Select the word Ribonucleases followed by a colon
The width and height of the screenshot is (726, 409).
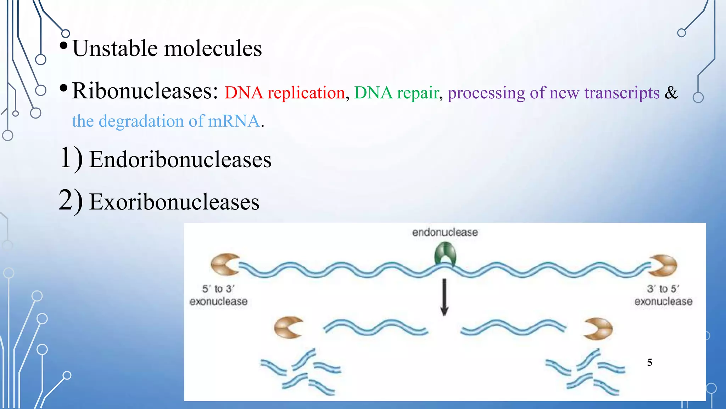(145, 91)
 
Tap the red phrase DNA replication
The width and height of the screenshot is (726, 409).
(285, 93)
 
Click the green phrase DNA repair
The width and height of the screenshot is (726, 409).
(396, 93)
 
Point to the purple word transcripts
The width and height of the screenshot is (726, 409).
(622, 93)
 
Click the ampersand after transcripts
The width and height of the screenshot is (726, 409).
(671, 92)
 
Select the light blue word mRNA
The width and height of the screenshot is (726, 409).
(234, 121)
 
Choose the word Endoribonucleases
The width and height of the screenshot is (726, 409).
(180, 159)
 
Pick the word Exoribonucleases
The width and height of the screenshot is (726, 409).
(174, 202)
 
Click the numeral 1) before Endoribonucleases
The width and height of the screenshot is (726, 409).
(71, 158)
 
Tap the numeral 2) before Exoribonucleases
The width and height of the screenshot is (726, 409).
(71, 201)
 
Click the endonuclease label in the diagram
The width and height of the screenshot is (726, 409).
(445, 232)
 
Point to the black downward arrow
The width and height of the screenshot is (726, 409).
(444, 297)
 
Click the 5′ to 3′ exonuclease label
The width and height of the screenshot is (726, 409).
(218, 295)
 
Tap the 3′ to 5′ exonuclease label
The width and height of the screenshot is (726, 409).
(663, 295)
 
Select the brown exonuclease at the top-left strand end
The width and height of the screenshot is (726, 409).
(224, 265)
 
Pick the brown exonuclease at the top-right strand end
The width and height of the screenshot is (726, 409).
(663, 265)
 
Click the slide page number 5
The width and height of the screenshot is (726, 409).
(649, 362)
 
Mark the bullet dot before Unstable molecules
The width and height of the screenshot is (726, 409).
(63, 46)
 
